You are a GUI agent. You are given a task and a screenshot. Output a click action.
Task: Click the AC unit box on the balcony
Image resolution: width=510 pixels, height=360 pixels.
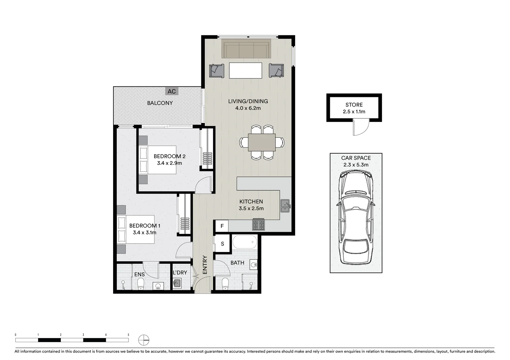point(171,91)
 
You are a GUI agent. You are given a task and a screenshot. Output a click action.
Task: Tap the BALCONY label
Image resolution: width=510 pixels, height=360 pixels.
point(160,103)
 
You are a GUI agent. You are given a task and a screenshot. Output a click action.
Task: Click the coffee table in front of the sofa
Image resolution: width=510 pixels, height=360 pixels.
point(246,70)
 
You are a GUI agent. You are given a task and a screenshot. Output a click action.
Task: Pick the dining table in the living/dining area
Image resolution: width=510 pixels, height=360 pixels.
point(262,142)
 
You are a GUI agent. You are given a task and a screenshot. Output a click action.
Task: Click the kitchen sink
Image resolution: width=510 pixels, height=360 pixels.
point(285,206)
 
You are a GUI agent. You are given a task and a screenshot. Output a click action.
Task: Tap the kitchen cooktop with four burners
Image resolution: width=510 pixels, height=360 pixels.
point(258,224)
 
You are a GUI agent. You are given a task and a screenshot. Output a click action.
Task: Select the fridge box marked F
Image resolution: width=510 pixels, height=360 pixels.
point(222,226)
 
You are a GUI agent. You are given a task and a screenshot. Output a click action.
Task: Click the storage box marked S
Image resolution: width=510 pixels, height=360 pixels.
point(222,244)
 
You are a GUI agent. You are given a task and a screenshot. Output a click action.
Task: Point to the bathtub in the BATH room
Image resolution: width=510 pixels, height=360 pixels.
point(244,242)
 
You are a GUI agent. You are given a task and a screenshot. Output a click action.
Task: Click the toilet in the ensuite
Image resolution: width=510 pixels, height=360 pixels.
point(141,284)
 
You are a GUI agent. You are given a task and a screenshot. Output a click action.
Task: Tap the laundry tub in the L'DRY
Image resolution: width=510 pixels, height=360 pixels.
point(177,283)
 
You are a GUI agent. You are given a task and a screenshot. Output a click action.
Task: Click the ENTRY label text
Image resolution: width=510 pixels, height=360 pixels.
point(205,265)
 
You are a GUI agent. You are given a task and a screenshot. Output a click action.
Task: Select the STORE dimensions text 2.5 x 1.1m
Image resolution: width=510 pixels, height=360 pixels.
point(354,112)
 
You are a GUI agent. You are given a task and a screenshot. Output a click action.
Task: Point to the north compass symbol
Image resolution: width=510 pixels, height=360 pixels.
point(144,340)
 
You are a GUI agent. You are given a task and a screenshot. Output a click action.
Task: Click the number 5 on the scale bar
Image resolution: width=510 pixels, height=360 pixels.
point(128,335)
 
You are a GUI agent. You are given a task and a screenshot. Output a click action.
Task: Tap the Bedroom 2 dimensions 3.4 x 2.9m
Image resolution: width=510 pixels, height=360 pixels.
point(169,163)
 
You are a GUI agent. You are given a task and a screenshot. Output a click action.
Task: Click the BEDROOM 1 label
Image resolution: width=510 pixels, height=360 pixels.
point(145,226)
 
